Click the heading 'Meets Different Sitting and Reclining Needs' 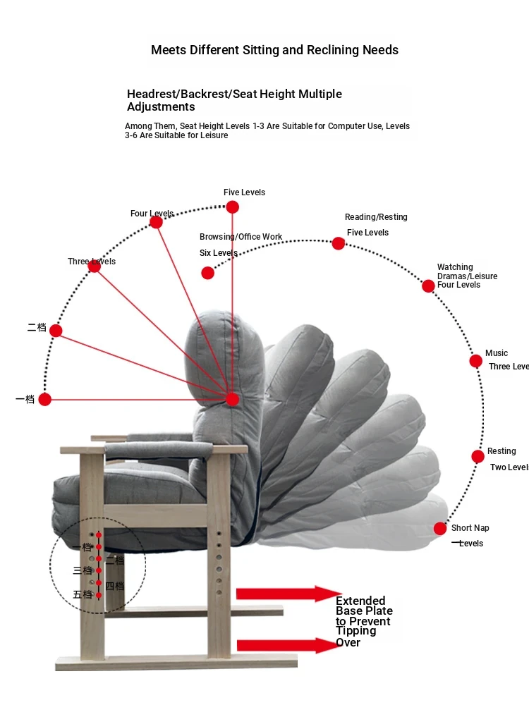(274, 50)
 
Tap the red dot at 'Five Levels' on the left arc (232, 207)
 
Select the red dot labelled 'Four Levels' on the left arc (157, 222)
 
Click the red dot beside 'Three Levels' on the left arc (95, 266)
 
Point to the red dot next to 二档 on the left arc (56, 331)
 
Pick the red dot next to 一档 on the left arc (45, 400)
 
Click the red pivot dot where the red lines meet (232, 400)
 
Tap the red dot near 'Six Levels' (207, 273)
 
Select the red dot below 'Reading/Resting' (339, 243)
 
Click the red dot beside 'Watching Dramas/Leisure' (428, 286)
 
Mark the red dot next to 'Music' (476, 361)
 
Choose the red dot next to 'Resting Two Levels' (478, 456)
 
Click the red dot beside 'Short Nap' (440, 529)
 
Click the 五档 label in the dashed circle (83, 594)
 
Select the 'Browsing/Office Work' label (241, 237)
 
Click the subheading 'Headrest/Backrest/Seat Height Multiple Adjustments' (234, 100)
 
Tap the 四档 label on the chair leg (114, 585)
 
